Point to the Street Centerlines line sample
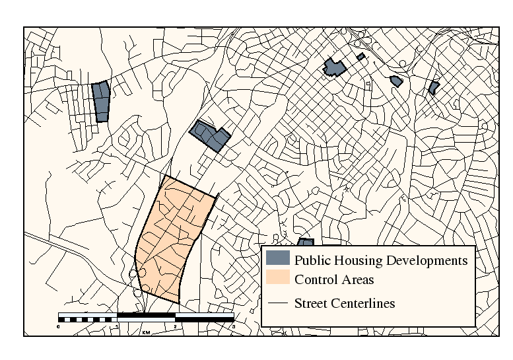278,303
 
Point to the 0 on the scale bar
59,326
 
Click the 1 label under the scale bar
117,326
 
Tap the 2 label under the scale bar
175,326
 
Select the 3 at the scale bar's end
233,326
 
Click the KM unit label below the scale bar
146,332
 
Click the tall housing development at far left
100,102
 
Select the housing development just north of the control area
211,135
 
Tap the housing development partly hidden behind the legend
305,242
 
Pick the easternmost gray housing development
434,87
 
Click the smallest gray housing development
360,57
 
